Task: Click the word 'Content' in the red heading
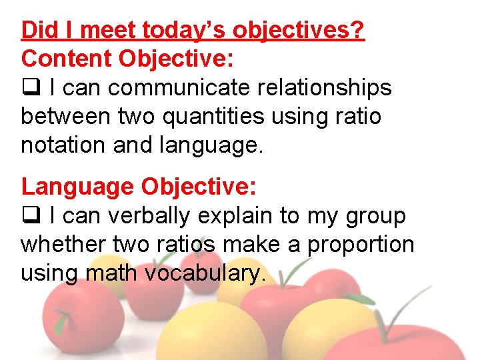pyautogui.click(x=67, y=59)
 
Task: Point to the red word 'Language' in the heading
pyautogui.click(x=77, y=187)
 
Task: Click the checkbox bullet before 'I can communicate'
pyautogui.click(x=31, y=88)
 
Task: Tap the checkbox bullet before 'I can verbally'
pyautogui.click(x=31, y=216)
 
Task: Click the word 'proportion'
pyautogui.click(x=361, y=245)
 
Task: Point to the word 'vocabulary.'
pyautogui.click(x=209, y=273)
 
